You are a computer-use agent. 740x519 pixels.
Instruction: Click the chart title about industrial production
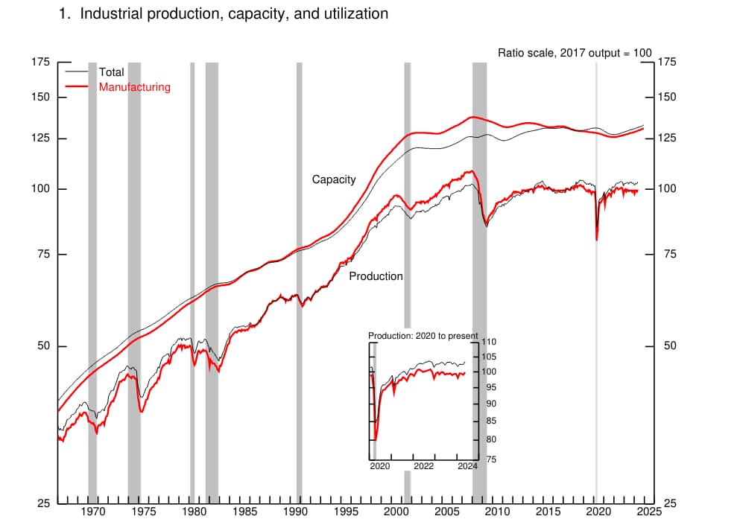[x=223, y=13]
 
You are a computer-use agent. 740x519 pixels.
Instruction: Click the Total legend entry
[x=111, y=72]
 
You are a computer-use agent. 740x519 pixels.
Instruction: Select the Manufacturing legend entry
[x=134, y=87]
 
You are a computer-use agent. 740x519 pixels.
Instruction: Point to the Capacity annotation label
[x=333, y=179]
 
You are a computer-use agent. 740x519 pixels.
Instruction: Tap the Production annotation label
[x=376, y=276]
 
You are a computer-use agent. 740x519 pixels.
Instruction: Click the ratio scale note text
[x=575, y=53]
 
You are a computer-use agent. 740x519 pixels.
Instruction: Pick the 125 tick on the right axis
[x=665, y=138]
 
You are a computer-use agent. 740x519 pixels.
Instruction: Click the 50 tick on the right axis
[x=668, y=346]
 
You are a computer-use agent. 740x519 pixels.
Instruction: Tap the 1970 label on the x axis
[x=92, y=512]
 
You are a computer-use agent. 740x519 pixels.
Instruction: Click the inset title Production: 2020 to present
[x=423, y=336]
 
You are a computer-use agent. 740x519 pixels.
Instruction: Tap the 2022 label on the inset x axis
[x=424, y=467]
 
